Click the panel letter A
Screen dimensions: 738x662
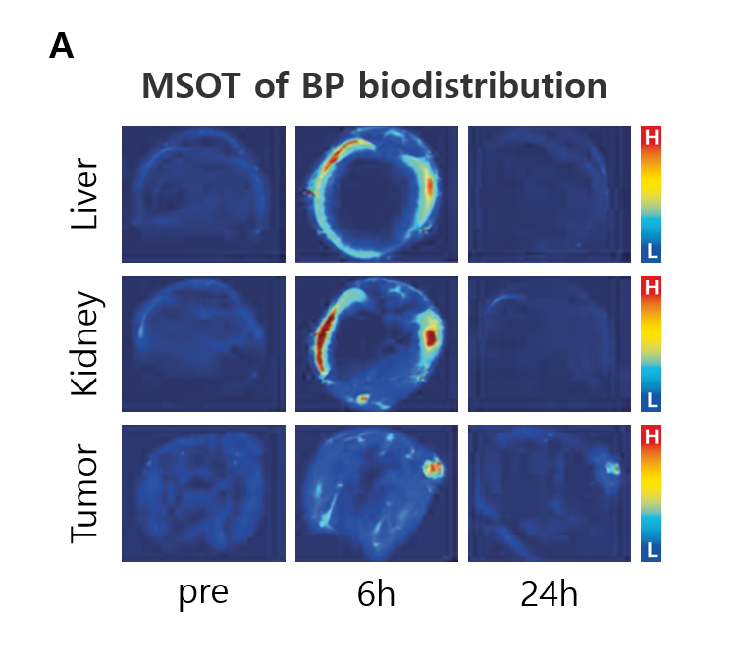coord(61,46)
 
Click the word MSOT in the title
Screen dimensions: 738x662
coord(191,86)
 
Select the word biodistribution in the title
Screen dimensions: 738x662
coord(483,85)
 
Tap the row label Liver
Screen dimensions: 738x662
coord(84,193)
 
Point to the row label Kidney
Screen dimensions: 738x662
coord(86,343)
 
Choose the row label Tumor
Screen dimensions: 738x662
coord(84,493)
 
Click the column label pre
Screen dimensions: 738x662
coord(203,593)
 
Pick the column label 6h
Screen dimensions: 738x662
coord(376,593)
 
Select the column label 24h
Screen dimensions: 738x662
coord(550,593)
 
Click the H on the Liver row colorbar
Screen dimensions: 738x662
coord(652,138)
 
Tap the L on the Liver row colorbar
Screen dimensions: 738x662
coord(652,251)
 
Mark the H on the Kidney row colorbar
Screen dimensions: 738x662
coord(652,287)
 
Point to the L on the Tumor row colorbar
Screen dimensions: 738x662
coord(652,550)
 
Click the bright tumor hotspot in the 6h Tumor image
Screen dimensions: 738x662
coord(433,468)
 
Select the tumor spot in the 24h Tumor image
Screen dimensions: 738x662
coord(612,469)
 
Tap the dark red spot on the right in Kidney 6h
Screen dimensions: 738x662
coord(430,337)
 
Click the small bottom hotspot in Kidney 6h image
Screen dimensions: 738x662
coord(362,399)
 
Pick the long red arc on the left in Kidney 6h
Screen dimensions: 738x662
coord(325,334)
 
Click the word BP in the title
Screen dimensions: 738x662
coord(323,86)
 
